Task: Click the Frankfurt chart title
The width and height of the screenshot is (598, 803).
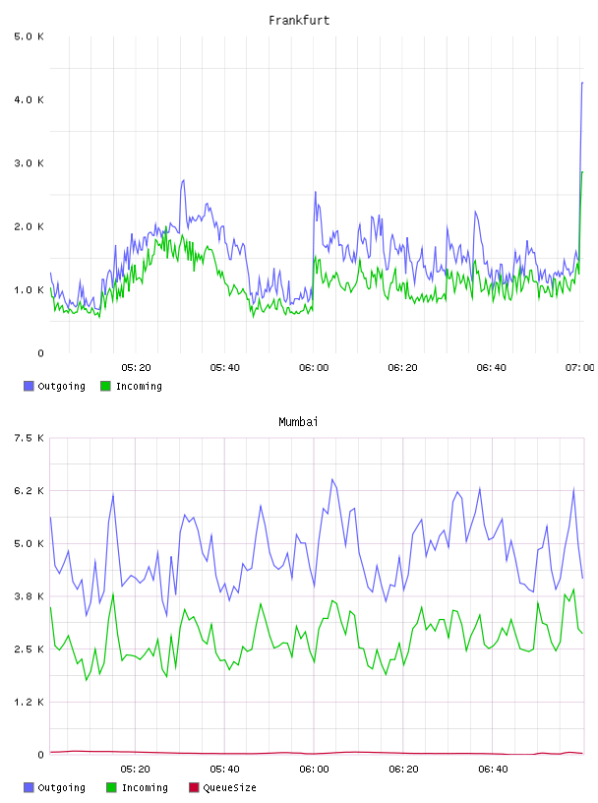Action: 299,20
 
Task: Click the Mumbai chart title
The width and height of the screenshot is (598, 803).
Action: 298,421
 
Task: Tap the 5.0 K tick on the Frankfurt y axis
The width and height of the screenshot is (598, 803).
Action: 29,36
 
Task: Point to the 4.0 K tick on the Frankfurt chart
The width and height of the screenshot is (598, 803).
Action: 29,99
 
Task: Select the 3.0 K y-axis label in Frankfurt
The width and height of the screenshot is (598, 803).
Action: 29,163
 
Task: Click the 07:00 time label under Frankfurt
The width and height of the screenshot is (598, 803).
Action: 580,367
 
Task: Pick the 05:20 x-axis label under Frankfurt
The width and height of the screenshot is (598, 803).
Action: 136,367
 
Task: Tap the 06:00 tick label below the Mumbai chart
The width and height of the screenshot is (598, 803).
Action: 314,769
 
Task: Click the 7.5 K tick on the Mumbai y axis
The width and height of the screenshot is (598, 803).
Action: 29,438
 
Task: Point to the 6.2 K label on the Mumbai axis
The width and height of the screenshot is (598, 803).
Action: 29,491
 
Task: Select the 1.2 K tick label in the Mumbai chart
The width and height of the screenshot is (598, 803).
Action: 29,702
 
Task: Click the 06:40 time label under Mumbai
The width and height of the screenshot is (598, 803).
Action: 493,769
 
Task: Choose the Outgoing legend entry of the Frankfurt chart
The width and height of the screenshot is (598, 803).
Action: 54,386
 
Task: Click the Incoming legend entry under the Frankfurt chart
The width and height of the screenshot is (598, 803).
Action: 131,386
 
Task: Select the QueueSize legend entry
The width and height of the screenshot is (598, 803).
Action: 222,787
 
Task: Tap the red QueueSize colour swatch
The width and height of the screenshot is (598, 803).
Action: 194,787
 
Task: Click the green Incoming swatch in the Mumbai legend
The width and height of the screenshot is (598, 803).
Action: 111,787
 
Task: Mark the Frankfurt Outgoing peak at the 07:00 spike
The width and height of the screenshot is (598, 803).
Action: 582,83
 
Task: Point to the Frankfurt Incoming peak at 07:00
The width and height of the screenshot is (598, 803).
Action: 582,172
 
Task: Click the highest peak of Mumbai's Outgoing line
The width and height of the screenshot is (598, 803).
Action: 332,479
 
